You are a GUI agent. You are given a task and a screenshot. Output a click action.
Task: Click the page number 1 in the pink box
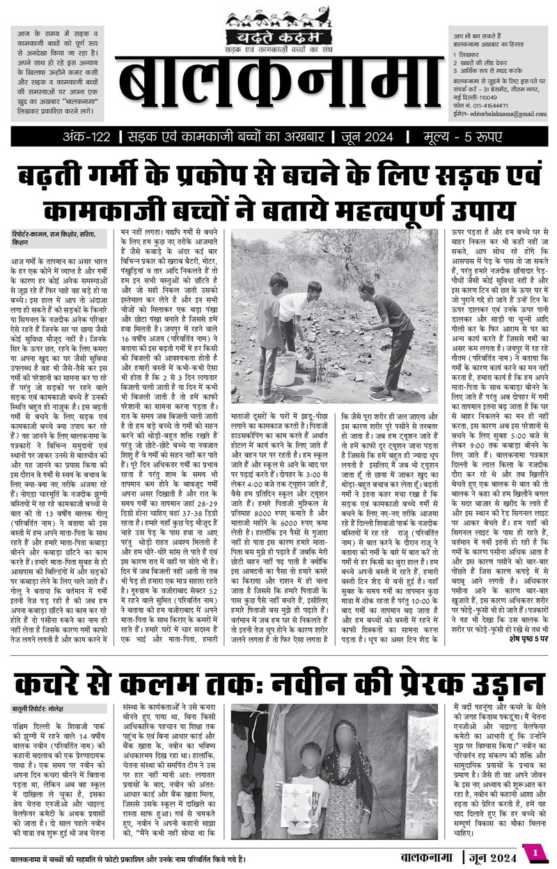pyautogui.click(x=535, y=853)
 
